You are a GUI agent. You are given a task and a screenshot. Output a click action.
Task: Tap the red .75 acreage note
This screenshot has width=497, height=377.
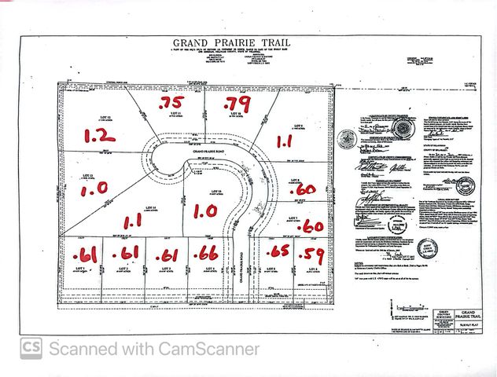click(x=172, y=103)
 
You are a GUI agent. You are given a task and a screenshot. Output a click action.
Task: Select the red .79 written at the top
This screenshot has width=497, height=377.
click(x=237, y=103)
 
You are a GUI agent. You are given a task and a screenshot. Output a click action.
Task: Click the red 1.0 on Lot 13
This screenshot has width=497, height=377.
click(x=92, y=189)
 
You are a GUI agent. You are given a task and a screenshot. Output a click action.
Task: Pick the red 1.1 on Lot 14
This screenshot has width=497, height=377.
click(x=133, y=222)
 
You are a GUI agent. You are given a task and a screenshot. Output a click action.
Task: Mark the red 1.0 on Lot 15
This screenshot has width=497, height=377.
click(x=204, y=211)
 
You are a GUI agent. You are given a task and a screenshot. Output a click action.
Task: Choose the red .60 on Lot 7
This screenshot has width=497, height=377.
click(x=311, y=225)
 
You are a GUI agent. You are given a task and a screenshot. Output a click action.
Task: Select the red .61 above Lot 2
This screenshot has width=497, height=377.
click(x=126, y=253)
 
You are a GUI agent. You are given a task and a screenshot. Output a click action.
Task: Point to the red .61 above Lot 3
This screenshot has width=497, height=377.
click(x=168, y=255)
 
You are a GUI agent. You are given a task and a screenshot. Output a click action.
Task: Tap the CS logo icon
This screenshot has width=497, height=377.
click(x=31, y=348)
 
